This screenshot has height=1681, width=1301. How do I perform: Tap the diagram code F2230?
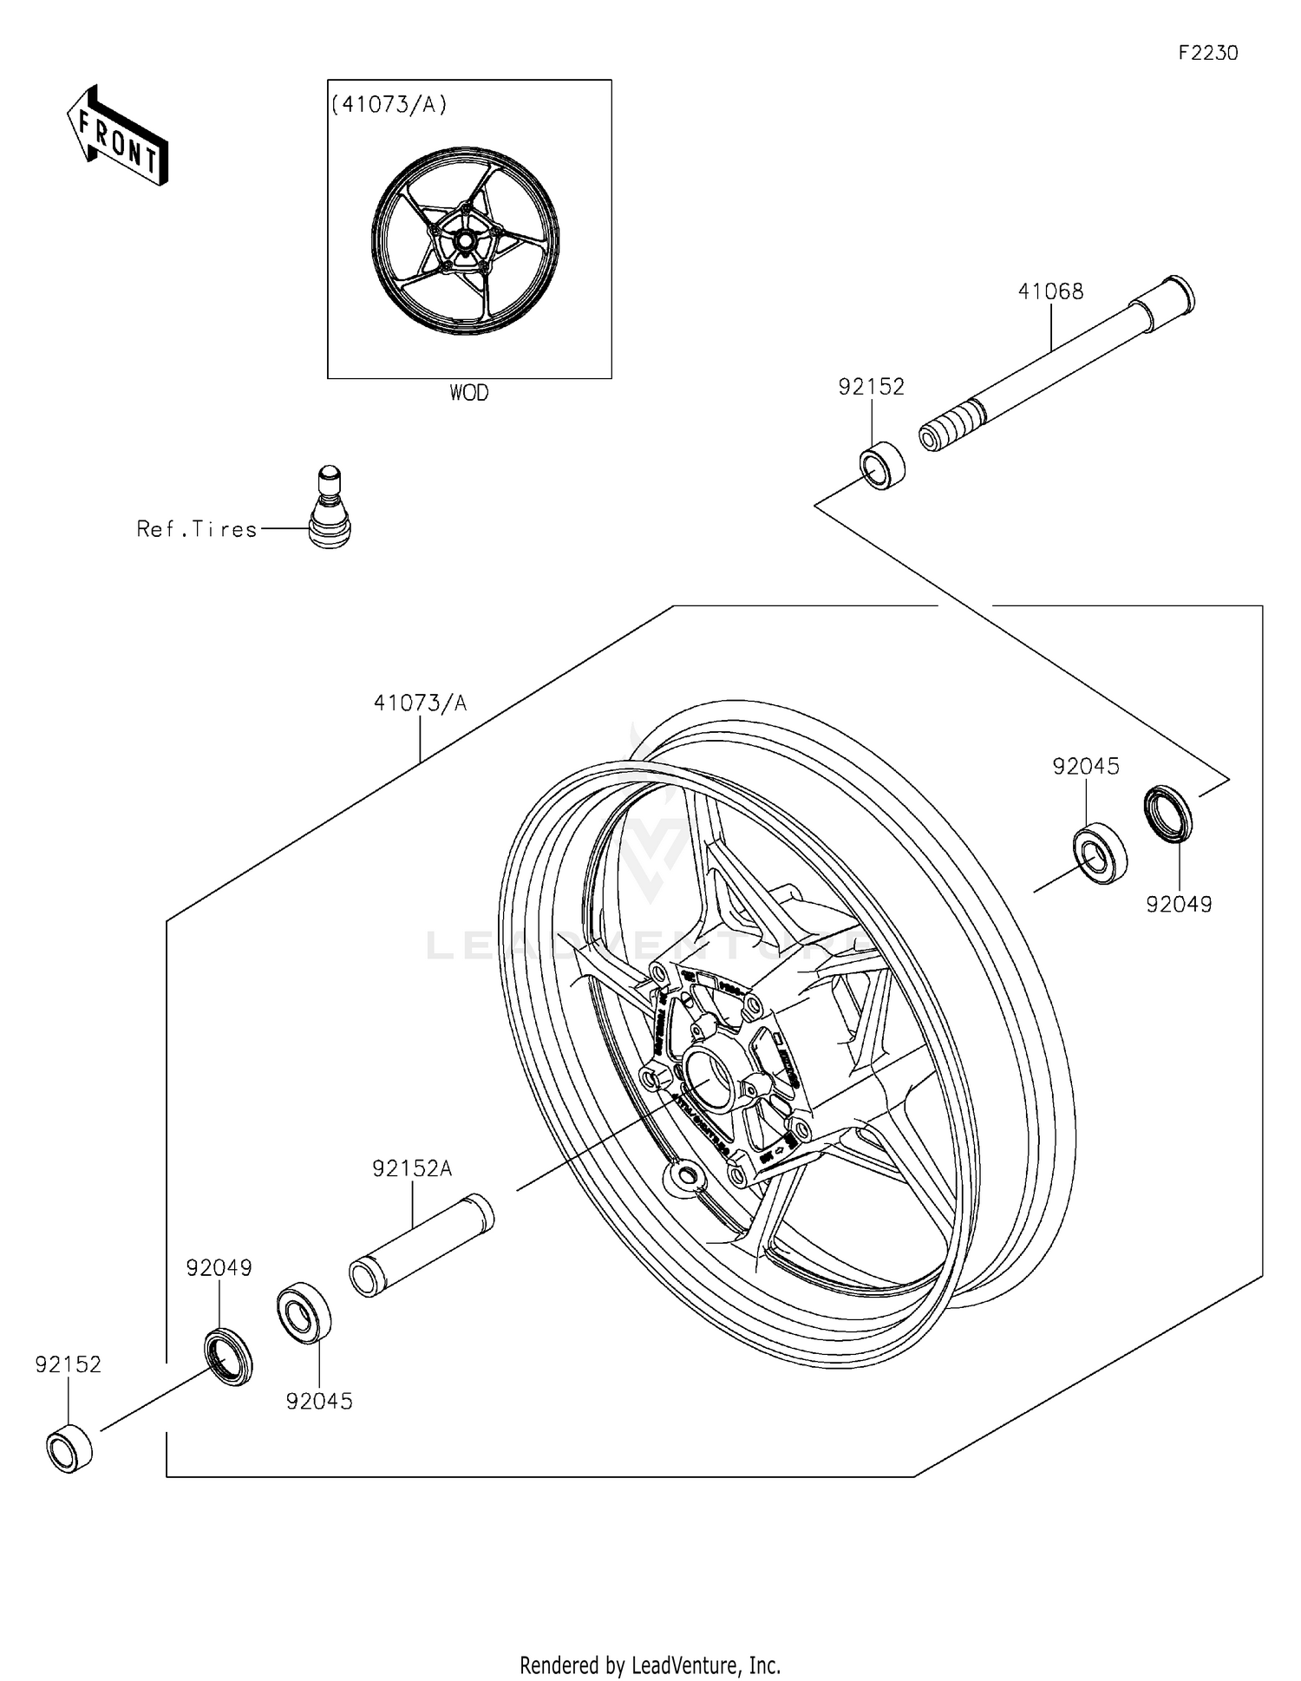(1207, 53)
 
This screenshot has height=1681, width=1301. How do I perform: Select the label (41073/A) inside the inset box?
(389, 105)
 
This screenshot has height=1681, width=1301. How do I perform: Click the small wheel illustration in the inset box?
(465, 240)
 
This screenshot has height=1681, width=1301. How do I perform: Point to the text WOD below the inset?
(468, 393)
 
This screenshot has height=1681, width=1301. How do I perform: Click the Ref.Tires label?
(197, 529)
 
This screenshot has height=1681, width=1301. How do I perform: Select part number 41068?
(1050, 291)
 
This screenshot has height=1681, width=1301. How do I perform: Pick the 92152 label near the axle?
(871, 387)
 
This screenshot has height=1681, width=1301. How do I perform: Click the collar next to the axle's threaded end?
(882, 465)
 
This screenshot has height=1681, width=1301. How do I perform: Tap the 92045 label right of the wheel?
(1086, 766)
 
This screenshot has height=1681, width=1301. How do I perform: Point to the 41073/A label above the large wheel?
(420, 703)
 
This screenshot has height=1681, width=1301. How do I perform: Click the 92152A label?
(412, 1168)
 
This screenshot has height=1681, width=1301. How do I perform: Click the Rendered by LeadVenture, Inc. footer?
(650, 1665)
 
